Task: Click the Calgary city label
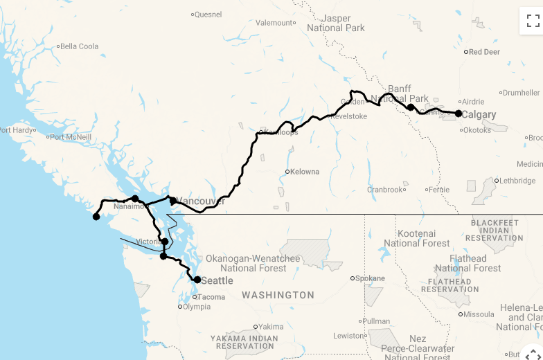pos(479,115)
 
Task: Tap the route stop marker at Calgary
pos(459,113)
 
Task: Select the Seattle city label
pos(217,280)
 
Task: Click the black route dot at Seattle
pos(197,280)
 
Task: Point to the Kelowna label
pos(305,172)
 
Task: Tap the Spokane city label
pos(370,278)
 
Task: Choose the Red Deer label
pos(484,52)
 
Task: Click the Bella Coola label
pos(79,46)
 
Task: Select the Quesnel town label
pos(208,14)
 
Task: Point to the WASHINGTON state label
pos(278,295)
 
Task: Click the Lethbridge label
pos(517,181)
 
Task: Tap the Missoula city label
pos(479,314)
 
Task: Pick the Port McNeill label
pos(70,137)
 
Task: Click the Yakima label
pos(271,327)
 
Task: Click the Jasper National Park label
pos(336,23)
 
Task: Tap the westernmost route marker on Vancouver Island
pos(96,217)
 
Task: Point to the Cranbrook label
pos(384,190)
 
